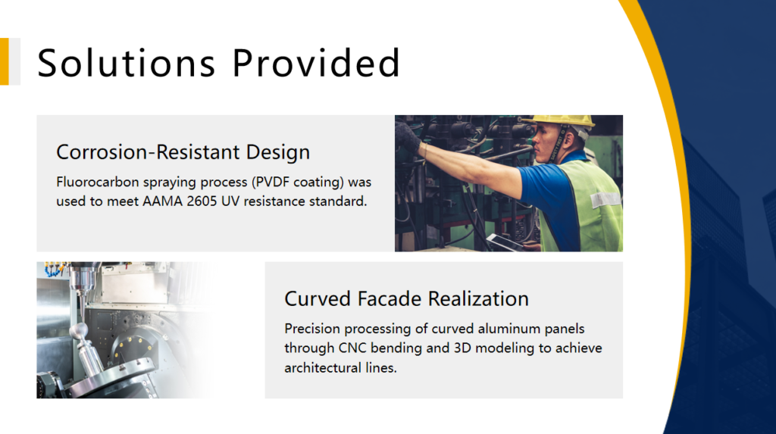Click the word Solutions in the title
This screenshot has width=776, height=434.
[x=127, y=63]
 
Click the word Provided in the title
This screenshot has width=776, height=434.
[x=316, y=63]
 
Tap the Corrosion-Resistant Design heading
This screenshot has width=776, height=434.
[x=183, y=152]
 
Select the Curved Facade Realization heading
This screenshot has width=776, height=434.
[x=406, y=299]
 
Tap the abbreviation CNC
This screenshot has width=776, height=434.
[x=352, y=348]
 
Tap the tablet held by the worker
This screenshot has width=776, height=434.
[x=505, y=242]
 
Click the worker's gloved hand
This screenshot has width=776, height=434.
[x=408, y=136]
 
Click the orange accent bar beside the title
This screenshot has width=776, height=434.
[x=5, y=61]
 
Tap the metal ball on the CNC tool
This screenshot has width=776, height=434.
[x=79, y=330]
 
